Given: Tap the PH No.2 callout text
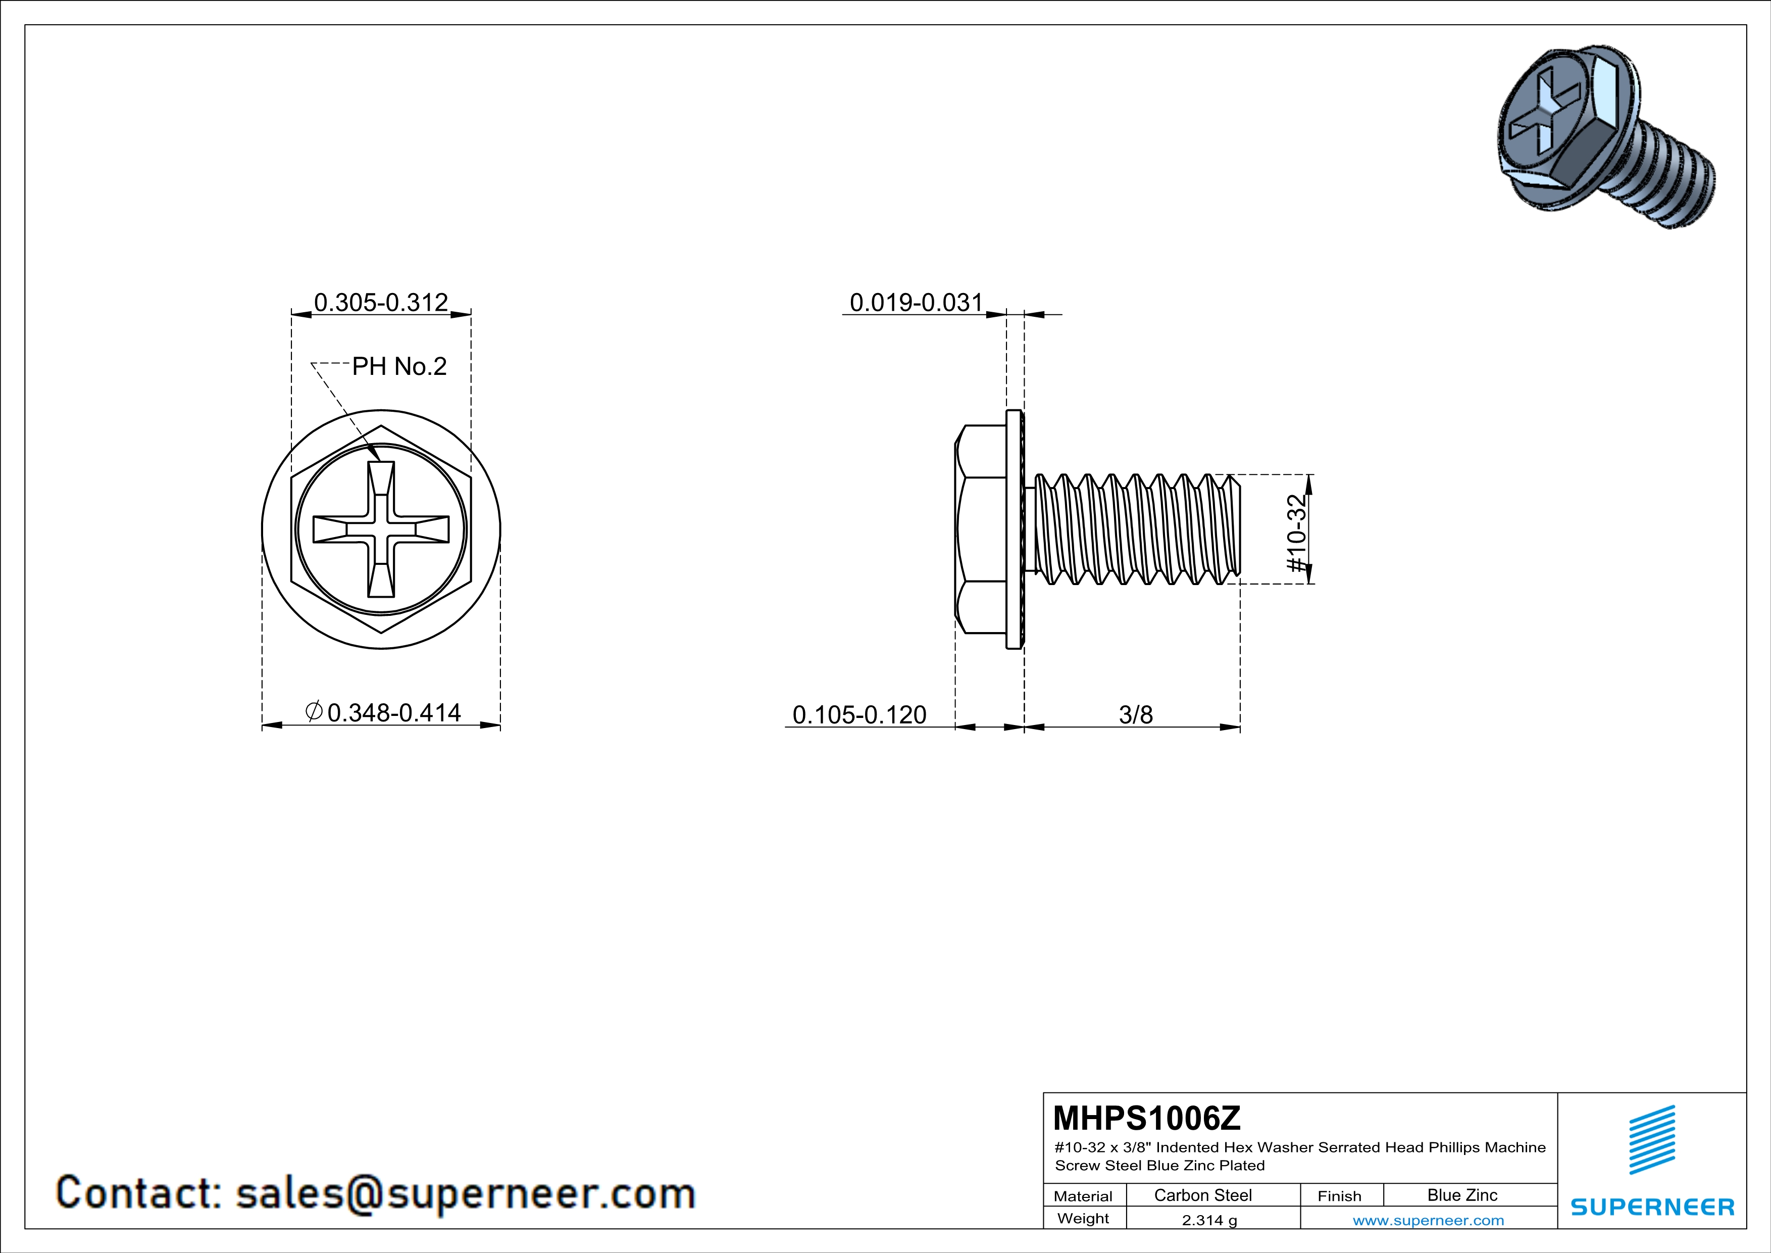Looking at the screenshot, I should click(x=399, y=366).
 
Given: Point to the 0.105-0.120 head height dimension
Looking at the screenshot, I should click(x=859, y=715).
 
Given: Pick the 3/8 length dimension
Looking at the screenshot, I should click(x=1135, y=715).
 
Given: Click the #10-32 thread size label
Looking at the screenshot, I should click(x=1297, y=533).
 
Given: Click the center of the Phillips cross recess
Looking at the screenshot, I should click(x=381, y=529).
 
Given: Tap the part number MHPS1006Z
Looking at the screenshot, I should click(x=1146, y=1118).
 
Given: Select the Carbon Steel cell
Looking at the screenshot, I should click(x=1202, y=1195).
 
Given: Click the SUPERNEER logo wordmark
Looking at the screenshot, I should click(x=1652, y=1207).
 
